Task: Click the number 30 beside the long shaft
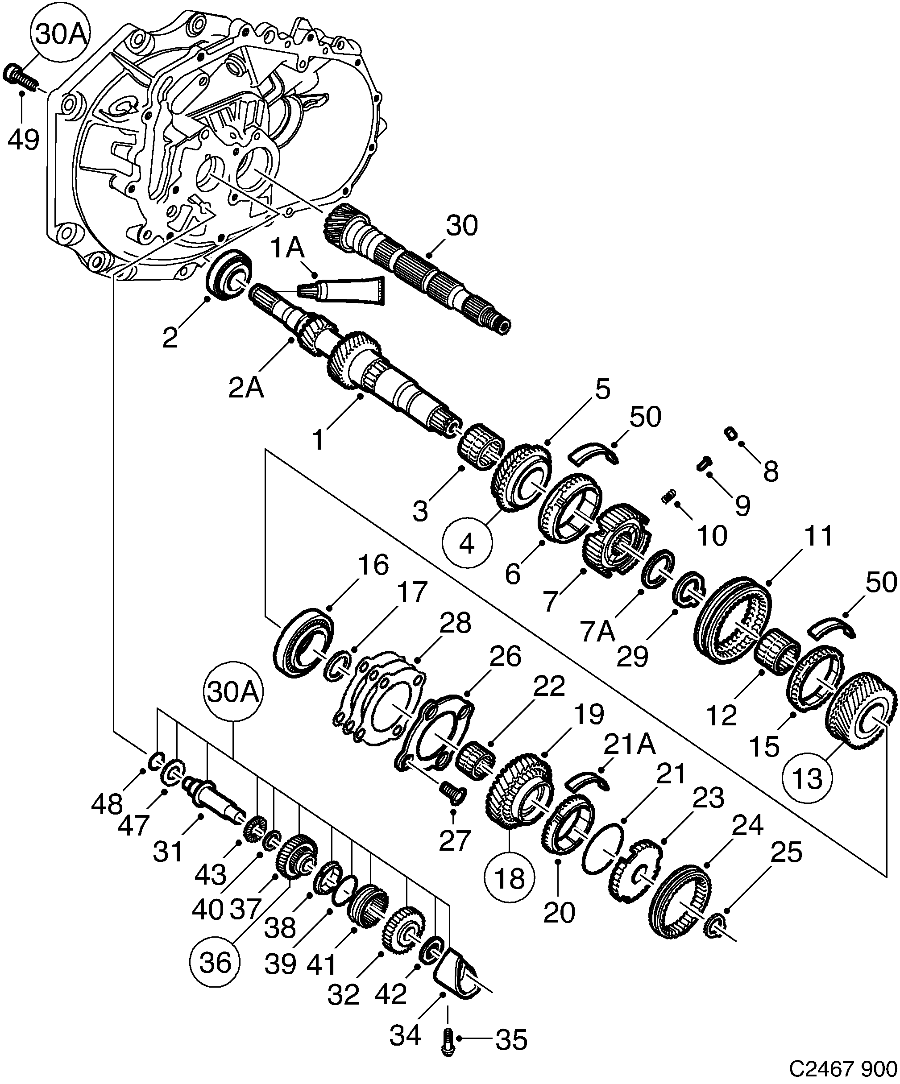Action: tap(462, 226)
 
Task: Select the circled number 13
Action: tap(807, 778)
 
